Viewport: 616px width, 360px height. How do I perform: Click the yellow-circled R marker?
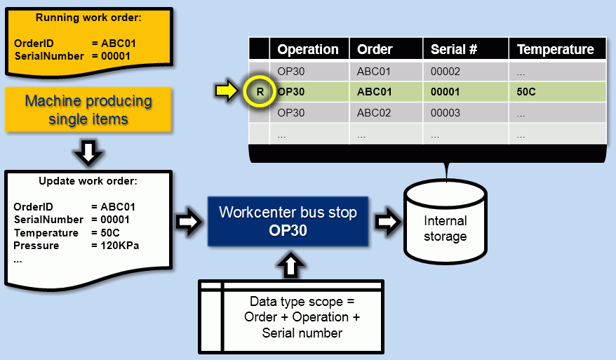pyautogui.click(x=260, y=91)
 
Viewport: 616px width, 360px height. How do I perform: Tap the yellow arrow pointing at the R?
pyautogui.click(x=227, y=91)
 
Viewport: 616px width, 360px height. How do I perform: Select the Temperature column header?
pyautogui.click(x=555, y=49)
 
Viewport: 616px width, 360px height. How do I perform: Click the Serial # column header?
pyautogui.click(x=453, y=49)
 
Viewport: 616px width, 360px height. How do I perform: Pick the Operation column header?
pyautogui.click(x=307, y=49)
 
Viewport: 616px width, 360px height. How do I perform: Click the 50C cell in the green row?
pyautogui.click(x=526, y=91)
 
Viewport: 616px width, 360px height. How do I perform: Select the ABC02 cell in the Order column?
pyautogui.click(x=375, y=112)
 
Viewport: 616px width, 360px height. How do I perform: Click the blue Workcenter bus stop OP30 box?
pyautogui.click(x=288, y=221)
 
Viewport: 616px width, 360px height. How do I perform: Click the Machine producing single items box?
pyautogui.click(x=88, y=109)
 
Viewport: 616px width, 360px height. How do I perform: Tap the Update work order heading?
pyautogui.click(x=88, y=181)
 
